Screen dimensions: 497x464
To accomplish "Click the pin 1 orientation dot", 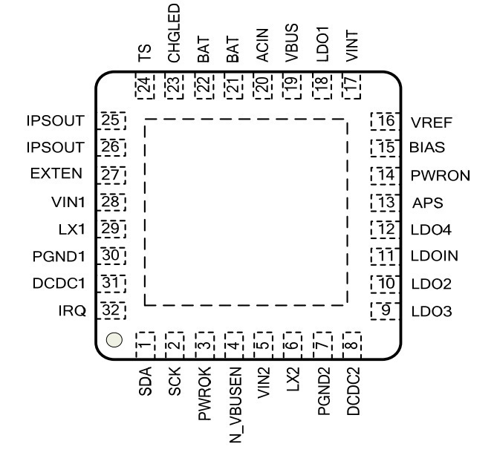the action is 114,340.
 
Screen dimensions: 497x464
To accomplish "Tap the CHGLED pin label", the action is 174,33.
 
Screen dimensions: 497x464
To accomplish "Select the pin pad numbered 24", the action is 145,86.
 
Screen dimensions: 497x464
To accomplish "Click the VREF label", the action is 431,122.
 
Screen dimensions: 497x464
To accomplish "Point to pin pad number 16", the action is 385,121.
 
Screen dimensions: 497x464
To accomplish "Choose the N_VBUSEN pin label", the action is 235,405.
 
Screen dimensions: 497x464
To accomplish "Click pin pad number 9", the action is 385,311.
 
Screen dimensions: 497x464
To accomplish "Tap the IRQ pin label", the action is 72,311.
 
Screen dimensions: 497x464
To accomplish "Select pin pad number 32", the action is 111,310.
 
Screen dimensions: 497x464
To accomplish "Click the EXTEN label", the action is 56,174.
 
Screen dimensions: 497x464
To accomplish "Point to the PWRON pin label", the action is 441,176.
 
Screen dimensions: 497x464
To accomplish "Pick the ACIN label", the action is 262,45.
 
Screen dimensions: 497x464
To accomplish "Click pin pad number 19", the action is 293,86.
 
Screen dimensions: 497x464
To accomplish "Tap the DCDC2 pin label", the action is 353,391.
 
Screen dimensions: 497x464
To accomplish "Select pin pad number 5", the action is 263,345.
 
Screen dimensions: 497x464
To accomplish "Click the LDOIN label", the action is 435,256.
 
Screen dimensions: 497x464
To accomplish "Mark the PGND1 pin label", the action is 59,256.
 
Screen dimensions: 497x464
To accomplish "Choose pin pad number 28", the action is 111,202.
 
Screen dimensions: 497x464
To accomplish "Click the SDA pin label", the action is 145,382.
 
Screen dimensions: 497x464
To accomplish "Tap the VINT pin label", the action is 352,46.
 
